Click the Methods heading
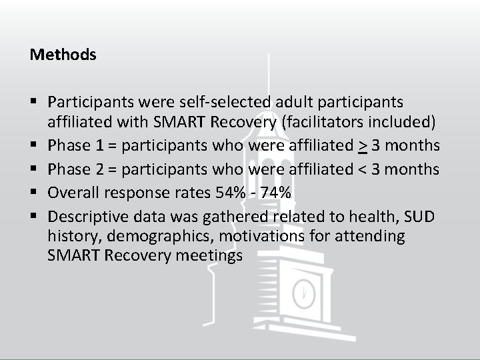pos(63,55)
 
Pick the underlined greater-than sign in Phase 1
pos(381,145)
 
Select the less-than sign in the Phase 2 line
pos(381,169)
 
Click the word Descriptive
pos(86,216)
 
